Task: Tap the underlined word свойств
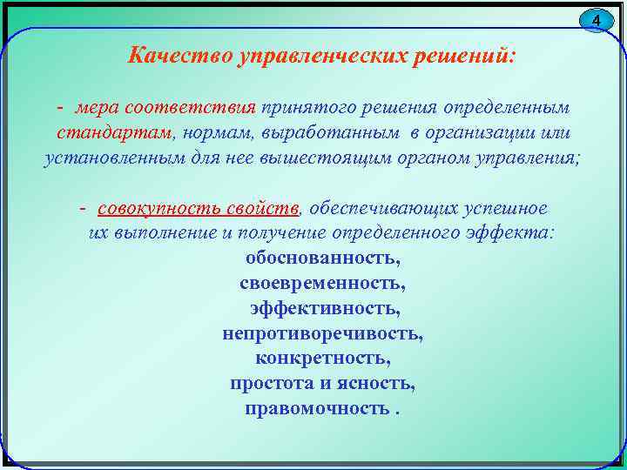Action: tap(258, 210)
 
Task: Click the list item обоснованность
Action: tap(323, 259)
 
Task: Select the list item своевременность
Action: tap(322, 284)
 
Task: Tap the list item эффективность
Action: tap(323, 309)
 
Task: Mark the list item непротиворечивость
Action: tap(323, 333)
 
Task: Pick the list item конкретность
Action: tap(323, 359)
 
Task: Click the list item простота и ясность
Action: tap(323, 384)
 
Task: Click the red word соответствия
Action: tap(191, 108)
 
